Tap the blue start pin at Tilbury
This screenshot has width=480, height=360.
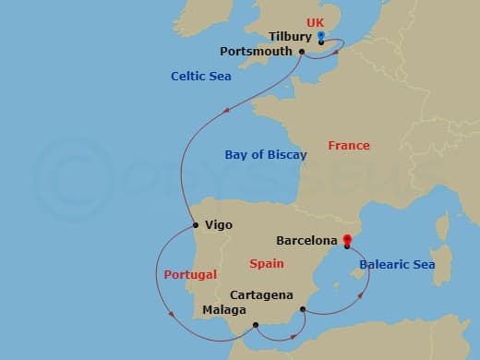(320, 37)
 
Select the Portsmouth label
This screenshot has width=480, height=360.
(259, 52)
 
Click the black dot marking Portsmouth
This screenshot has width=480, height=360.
(303, 52)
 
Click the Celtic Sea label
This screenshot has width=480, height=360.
(200, 77)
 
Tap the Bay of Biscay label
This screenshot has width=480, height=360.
(266, 155)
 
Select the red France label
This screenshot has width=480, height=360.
(348, 146)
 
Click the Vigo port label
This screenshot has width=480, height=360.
(219, 225)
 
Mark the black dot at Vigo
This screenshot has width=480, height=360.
(195, 225)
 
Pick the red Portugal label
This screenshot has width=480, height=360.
(190, 275)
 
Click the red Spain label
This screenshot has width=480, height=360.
(266, 264)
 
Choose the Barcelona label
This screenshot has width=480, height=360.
(306, 242)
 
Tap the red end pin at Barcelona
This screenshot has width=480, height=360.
(347, 242)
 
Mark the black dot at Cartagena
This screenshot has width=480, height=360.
(304, 309)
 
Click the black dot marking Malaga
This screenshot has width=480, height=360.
(256, 324)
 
